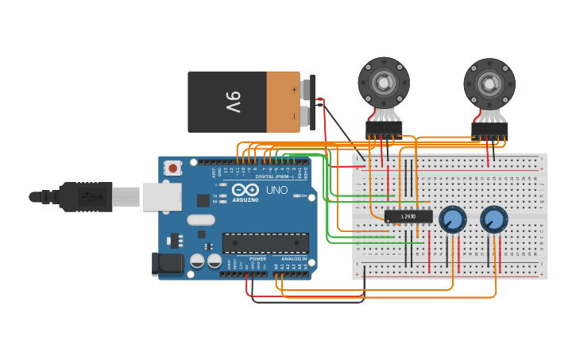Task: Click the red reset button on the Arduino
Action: point(172,168)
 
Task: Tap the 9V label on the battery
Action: point(232,101)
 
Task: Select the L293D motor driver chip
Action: point(408,216)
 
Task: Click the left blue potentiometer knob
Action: point(452,219)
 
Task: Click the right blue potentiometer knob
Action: point(493,219)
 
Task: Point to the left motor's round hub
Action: point(384,81)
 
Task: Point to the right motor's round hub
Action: point(489,82)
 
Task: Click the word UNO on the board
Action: point(276,191)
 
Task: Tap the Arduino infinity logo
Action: point(246,190)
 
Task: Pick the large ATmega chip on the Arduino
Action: point(265,242)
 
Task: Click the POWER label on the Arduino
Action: point(257,259)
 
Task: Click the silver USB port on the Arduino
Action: point(161,196)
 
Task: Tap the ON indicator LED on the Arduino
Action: point(295,195)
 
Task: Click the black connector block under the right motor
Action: point(489,130)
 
